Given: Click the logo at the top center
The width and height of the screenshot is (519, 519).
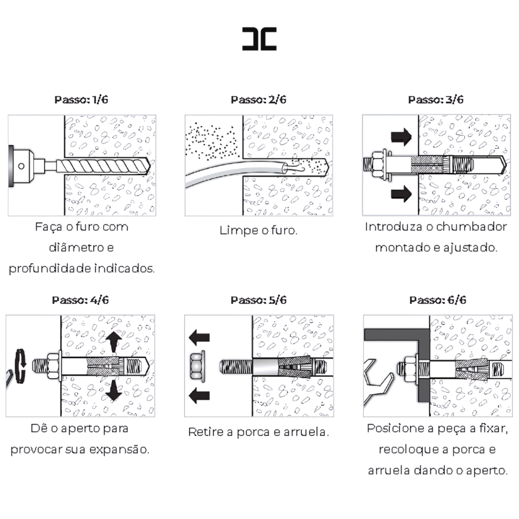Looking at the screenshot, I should point(259,38).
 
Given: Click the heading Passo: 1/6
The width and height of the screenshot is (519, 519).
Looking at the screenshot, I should point(81,100).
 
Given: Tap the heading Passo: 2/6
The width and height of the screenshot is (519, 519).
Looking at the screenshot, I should point(258,100).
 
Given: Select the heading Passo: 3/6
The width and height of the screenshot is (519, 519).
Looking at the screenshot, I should point(436,100).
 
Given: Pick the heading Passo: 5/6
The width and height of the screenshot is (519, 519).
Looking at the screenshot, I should point(258,300).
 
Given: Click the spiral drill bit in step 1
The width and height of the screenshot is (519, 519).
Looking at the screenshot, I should point(104,166).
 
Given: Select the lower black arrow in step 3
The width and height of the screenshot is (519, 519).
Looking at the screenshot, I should point(400,195).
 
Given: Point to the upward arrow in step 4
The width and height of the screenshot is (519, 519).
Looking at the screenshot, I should point(113,342).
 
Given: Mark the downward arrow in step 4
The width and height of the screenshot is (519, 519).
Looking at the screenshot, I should point(113,390).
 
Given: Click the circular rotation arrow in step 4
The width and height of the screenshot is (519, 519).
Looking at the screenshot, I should point(20,366).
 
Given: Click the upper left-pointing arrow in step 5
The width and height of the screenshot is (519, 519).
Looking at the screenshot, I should point(199,338).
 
